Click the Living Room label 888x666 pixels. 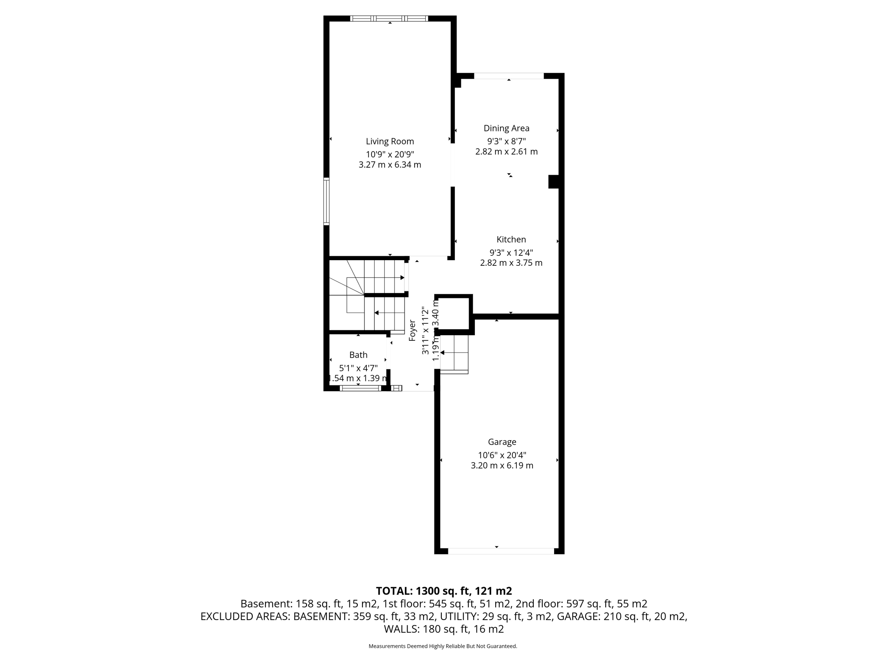(390, 141)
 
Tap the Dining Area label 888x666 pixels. (506, 128)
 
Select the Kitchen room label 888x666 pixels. (511, 239)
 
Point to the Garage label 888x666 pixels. (502, 442)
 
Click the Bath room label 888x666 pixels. (358, 355)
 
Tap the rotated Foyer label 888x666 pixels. (412, 330)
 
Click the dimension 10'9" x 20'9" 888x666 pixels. (390, 154)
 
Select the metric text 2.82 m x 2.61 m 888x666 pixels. (506, 152)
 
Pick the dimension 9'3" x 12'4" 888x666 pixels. (511, 252)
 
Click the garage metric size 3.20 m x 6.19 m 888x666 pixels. (502, 466)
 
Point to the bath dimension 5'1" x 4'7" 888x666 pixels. (358, 368)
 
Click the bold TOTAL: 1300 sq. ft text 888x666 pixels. (444, 591)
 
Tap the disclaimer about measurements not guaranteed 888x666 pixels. (443, 646)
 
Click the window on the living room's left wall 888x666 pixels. (326, 201)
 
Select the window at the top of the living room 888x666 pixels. (389, 18)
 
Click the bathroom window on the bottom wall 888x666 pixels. (360, 388)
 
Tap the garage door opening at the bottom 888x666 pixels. (501, 551)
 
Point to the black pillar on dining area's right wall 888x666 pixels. (554, 182)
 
